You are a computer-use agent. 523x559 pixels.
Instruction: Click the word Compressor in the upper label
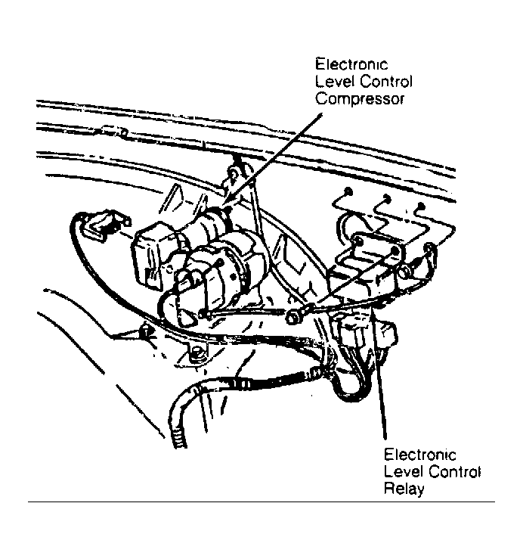tap(360, 99)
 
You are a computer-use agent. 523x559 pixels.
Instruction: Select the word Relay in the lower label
tap(404, 489)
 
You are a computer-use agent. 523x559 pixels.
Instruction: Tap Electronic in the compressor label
tap(351, 64)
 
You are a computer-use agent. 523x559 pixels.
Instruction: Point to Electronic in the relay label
tap(419, 455)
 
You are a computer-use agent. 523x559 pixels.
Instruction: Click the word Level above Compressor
tap(335, 82)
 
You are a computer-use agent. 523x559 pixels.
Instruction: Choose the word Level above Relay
tap(404, 472)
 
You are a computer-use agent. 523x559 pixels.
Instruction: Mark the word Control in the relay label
tap(454, 472)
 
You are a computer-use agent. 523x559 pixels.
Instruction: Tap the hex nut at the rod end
tap(292, 316)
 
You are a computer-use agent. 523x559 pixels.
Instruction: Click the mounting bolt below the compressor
tap(195, 354)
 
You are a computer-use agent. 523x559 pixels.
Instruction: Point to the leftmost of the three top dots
tap(348, 192)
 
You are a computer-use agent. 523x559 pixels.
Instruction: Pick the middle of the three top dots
tap(387, 199)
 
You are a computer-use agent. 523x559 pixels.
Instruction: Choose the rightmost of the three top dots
tap(421, 207)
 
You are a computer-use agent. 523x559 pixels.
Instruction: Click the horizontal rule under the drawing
tap(261, 502)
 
